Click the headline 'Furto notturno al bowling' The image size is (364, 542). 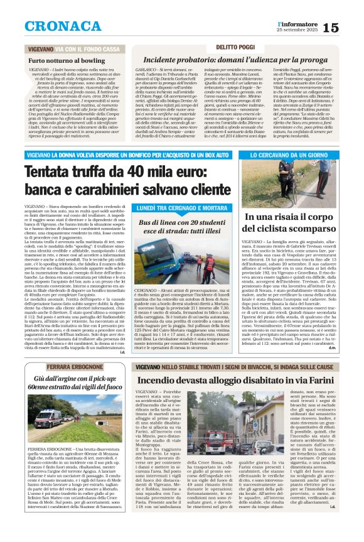(x=68, y=60)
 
